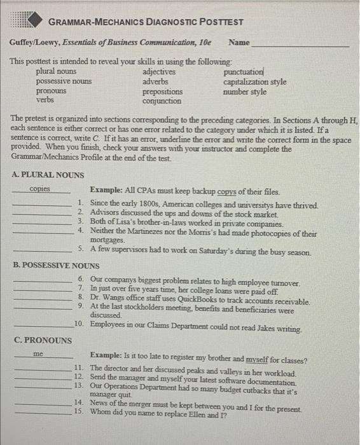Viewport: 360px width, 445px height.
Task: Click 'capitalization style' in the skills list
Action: click(x=254, y=82)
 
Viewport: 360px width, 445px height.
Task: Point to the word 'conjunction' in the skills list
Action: click(x=162, y=100)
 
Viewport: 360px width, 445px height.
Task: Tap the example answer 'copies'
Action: click(x=40, y=189)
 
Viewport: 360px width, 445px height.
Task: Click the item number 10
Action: click(x=78, y=324)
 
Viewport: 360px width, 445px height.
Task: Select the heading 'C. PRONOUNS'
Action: click(x=43, y=339)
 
